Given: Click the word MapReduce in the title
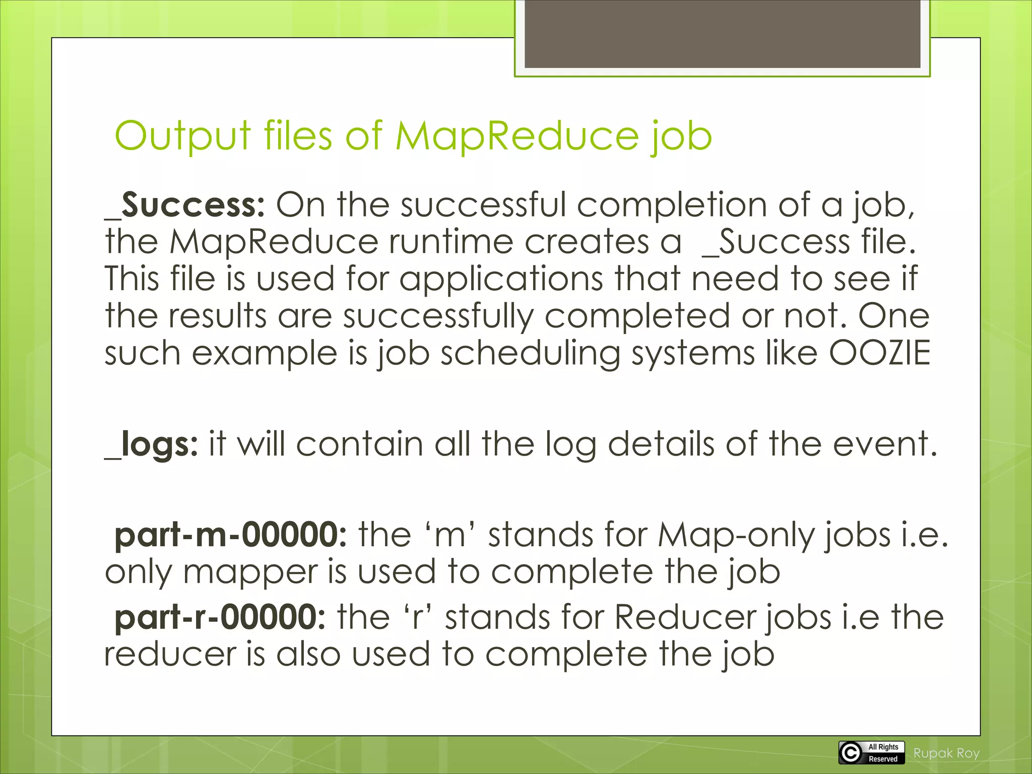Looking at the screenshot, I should (517, 136).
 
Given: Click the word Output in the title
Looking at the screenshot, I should (182, 136).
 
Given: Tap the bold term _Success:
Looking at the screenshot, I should (185, 206).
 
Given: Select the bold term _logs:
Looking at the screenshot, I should (152, 444).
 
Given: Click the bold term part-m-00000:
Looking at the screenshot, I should (230, 535).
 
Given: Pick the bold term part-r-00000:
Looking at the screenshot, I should (220, 617).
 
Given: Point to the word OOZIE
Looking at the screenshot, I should (879, 353).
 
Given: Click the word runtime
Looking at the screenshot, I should (450, 242).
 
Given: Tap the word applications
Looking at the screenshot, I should (501, 279).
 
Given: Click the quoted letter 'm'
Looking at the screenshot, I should (449, 535).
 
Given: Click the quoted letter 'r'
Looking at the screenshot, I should (417, 617).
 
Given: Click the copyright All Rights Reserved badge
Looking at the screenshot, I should (871, 752).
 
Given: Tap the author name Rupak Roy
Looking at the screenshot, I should (946, 753).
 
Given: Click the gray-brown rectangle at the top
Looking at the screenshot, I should (722, 34).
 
